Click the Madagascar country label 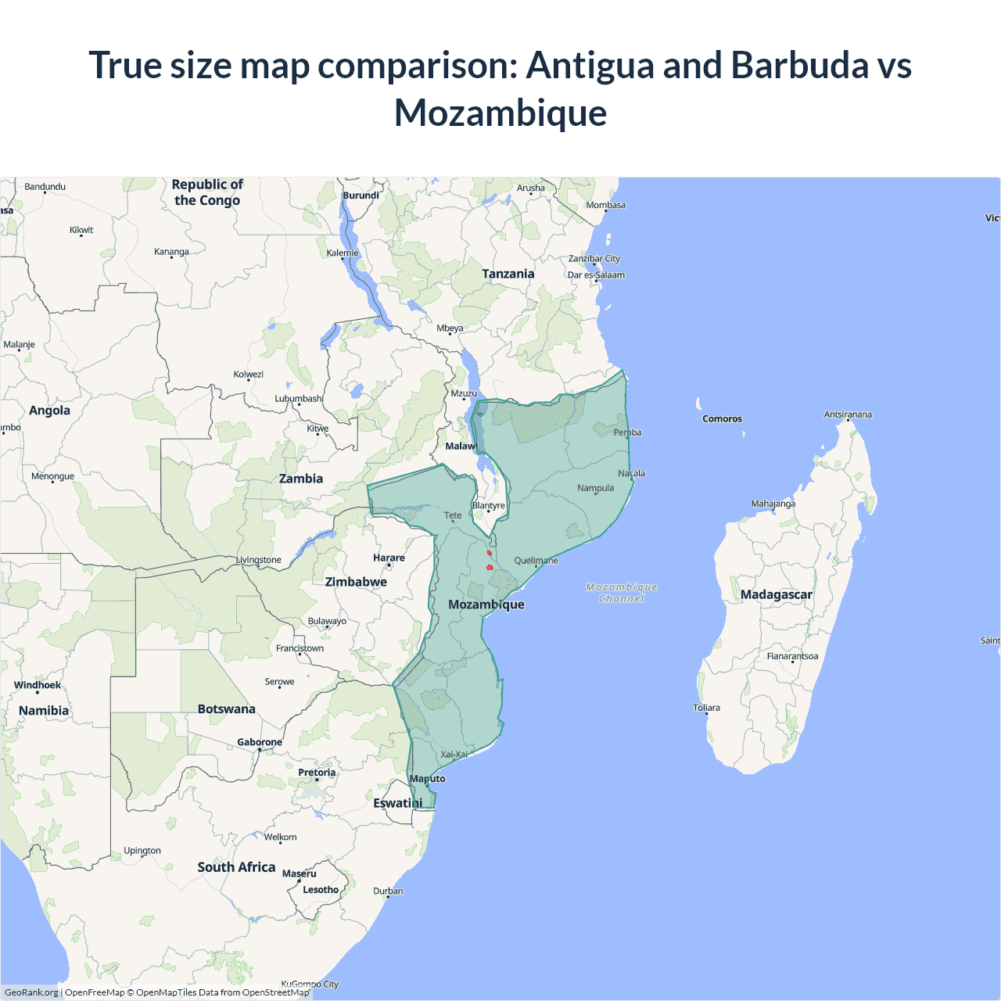(x=776, y=594)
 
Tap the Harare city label (x=389, y=558)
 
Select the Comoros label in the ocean (x=722, y=418)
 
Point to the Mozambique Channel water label (x=622, y=593)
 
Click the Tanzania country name (x=508, y=274)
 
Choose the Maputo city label (x=427, y=778)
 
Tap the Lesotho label (x=321, y=889)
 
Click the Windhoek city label (x=38, y=685)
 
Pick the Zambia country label (x=301, y=479)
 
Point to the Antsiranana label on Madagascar (x=848, y=414)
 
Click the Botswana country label (x=226, y=709)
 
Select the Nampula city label (x=595, y=488)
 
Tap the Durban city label (x=388, y=891)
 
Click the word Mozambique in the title (x=500, y=113)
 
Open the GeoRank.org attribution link (x=31, y=992)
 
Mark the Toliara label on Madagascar (x=706, y=708)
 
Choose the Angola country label (x=49, y=411)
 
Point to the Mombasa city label (x=606, y=205)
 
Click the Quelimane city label (x=536, y=561)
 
